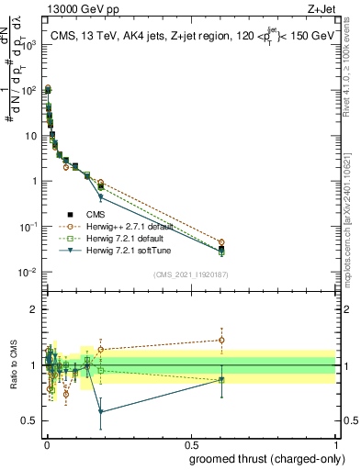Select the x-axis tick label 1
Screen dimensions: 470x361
pyautogui.click(x=335, y=445)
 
